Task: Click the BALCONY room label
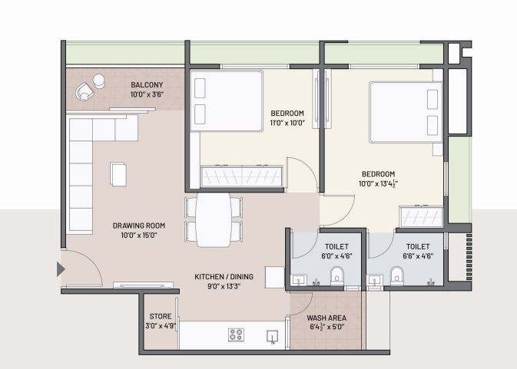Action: click(146, 84)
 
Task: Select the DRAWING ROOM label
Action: click(139, 226)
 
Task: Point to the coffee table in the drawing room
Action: click(119, 173)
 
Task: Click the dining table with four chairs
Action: click(214, 219)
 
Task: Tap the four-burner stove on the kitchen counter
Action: click(236, 334)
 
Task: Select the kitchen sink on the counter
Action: click(272, 335)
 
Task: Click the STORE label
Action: click(159, 315)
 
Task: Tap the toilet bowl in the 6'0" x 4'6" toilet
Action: click(336, 275)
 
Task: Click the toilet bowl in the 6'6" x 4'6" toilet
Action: click(396, 275)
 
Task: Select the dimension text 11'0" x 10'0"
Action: click(287, 123)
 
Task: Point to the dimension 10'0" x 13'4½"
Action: click(378, 183)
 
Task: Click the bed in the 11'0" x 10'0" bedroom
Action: click(226, 100)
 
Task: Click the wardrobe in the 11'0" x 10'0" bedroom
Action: click(242, 177)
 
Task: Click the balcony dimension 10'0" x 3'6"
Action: click(146, 94)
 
